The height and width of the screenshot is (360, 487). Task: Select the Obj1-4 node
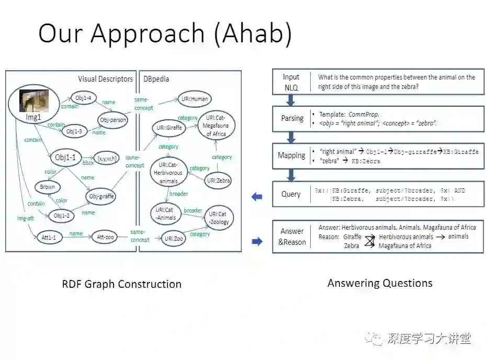click(x=84, y=97)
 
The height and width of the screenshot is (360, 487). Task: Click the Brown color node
click(x=48, y=187)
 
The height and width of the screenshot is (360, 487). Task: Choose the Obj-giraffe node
click(x=101, y=196)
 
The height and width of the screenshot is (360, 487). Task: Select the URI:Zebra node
click(x=218, y=181)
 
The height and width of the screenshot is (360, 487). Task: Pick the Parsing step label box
click(x=292, y=118)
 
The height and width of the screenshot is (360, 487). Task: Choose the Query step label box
click(x=291, y=194)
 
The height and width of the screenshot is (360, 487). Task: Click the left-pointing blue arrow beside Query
click(x=257, y=197)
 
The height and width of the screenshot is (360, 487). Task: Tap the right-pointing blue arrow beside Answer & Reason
click(x=257, y=241)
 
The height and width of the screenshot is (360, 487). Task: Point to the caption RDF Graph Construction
click(x=121, y=284)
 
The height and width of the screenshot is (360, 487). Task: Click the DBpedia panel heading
click(x=156, y=79)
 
